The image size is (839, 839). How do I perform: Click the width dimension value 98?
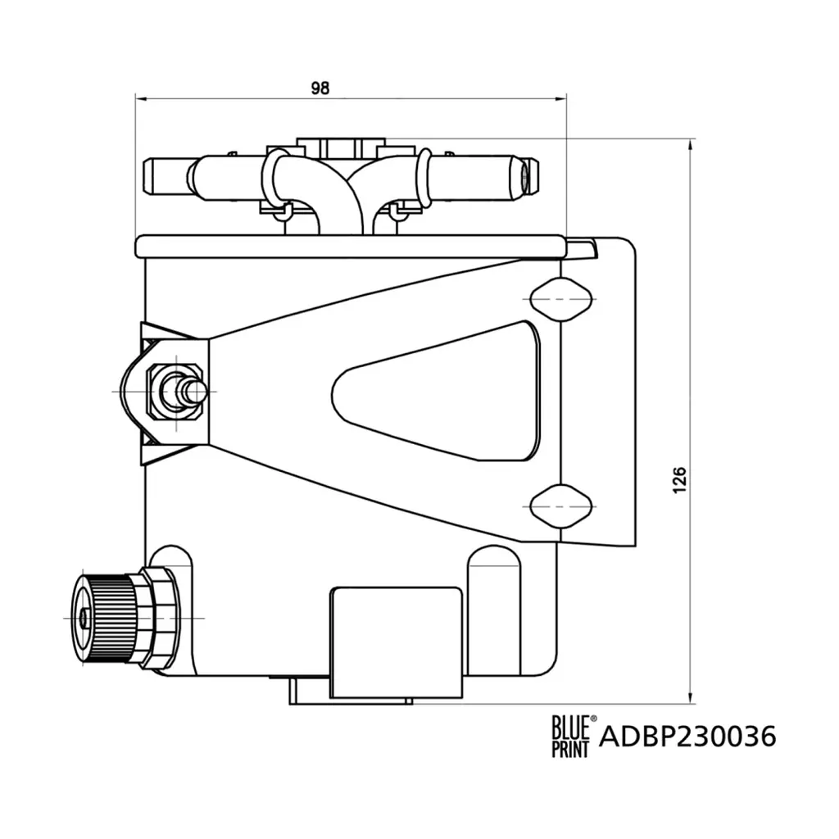point(320,88)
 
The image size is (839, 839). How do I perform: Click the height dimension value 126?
point(679,479)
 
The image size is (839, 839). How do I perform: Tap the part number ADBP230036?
point(687,737)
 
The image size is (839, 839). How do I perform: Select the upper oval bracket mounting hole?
point(560,299)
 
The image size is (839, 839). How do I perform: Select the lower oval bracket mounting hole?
point(560,506)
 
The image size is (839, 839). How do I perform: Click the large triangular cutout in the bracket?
point(436,391)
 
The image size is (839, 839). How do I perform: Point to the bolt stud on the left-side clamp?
point(185,392)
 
